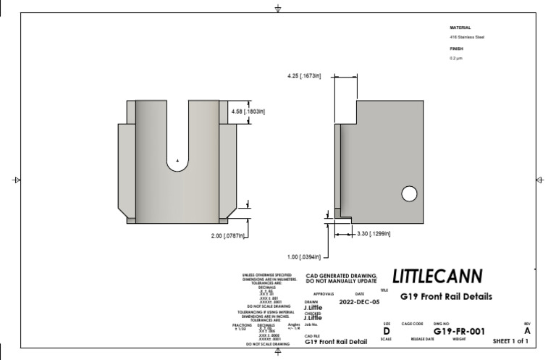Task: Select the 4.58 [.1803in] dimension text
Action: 248,112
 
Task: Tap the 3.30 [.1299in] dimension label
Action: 374,233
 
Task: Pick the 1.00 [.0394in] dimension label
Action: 303,256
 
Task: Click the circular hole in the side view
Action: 409,193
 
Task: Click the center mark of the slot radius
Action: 177,160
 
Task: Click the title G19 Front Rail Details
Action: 446,296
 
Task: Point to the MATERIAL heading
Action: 460,28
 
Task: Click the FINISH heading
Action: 456,49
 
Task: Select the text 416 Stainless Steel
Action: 467,37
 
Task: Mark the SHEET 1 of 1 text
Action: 510,340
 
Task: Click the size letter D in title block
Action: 386,331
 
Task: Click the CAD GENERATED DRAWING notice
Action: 342,278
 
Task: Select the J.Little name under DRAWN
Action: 313,308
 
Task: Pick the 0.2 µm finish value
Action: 456,58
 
